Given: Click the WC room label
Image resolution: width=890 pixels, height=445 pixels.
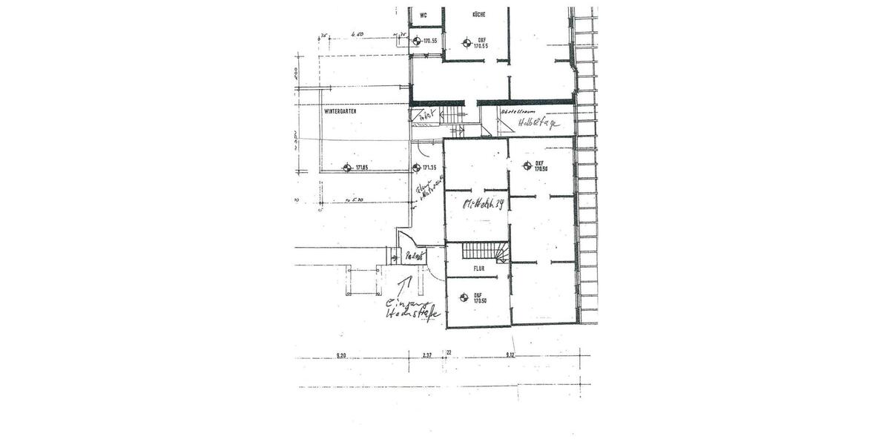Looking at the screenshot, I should (423, 15).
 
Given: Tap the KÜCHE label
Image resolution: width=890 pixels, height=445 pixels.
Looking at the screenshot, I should (478, 15).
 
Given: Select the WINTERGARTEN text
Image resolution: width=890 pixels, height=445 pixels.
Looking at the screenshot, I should (340, 111).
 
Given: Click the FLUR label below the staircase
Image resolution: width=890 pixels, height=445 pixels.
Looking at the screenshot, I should (478, 268).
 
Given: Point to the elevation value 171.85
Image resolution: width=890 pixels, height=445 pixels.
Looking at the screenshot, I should (363, 168).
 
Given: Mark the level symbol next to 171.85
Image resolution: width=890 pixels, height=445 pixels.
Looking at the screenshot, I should (346, 168).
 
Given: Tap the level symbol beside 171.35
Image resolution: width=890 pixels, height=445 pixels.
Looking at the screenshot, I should (417, 168).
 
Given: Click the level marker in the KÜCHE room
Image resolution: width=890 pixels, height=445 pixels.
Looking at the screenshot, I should (466, 42).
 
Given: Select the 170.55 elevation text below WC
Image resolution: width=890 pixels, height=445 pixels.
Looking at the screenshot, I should (429, 42).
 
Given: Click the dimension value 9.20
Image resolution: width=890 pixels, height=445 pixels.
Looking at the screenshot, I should (341, 356).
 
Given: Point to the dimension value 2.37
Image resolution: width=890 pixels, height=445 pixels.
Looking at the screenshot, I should (427, 356).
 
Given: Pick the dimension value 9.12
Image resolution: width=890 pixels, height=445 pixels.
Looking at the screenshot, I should (510, 356).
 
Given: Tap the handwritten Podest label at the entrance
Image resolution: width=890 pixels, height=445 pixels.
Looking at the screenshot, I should (415, 256).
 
